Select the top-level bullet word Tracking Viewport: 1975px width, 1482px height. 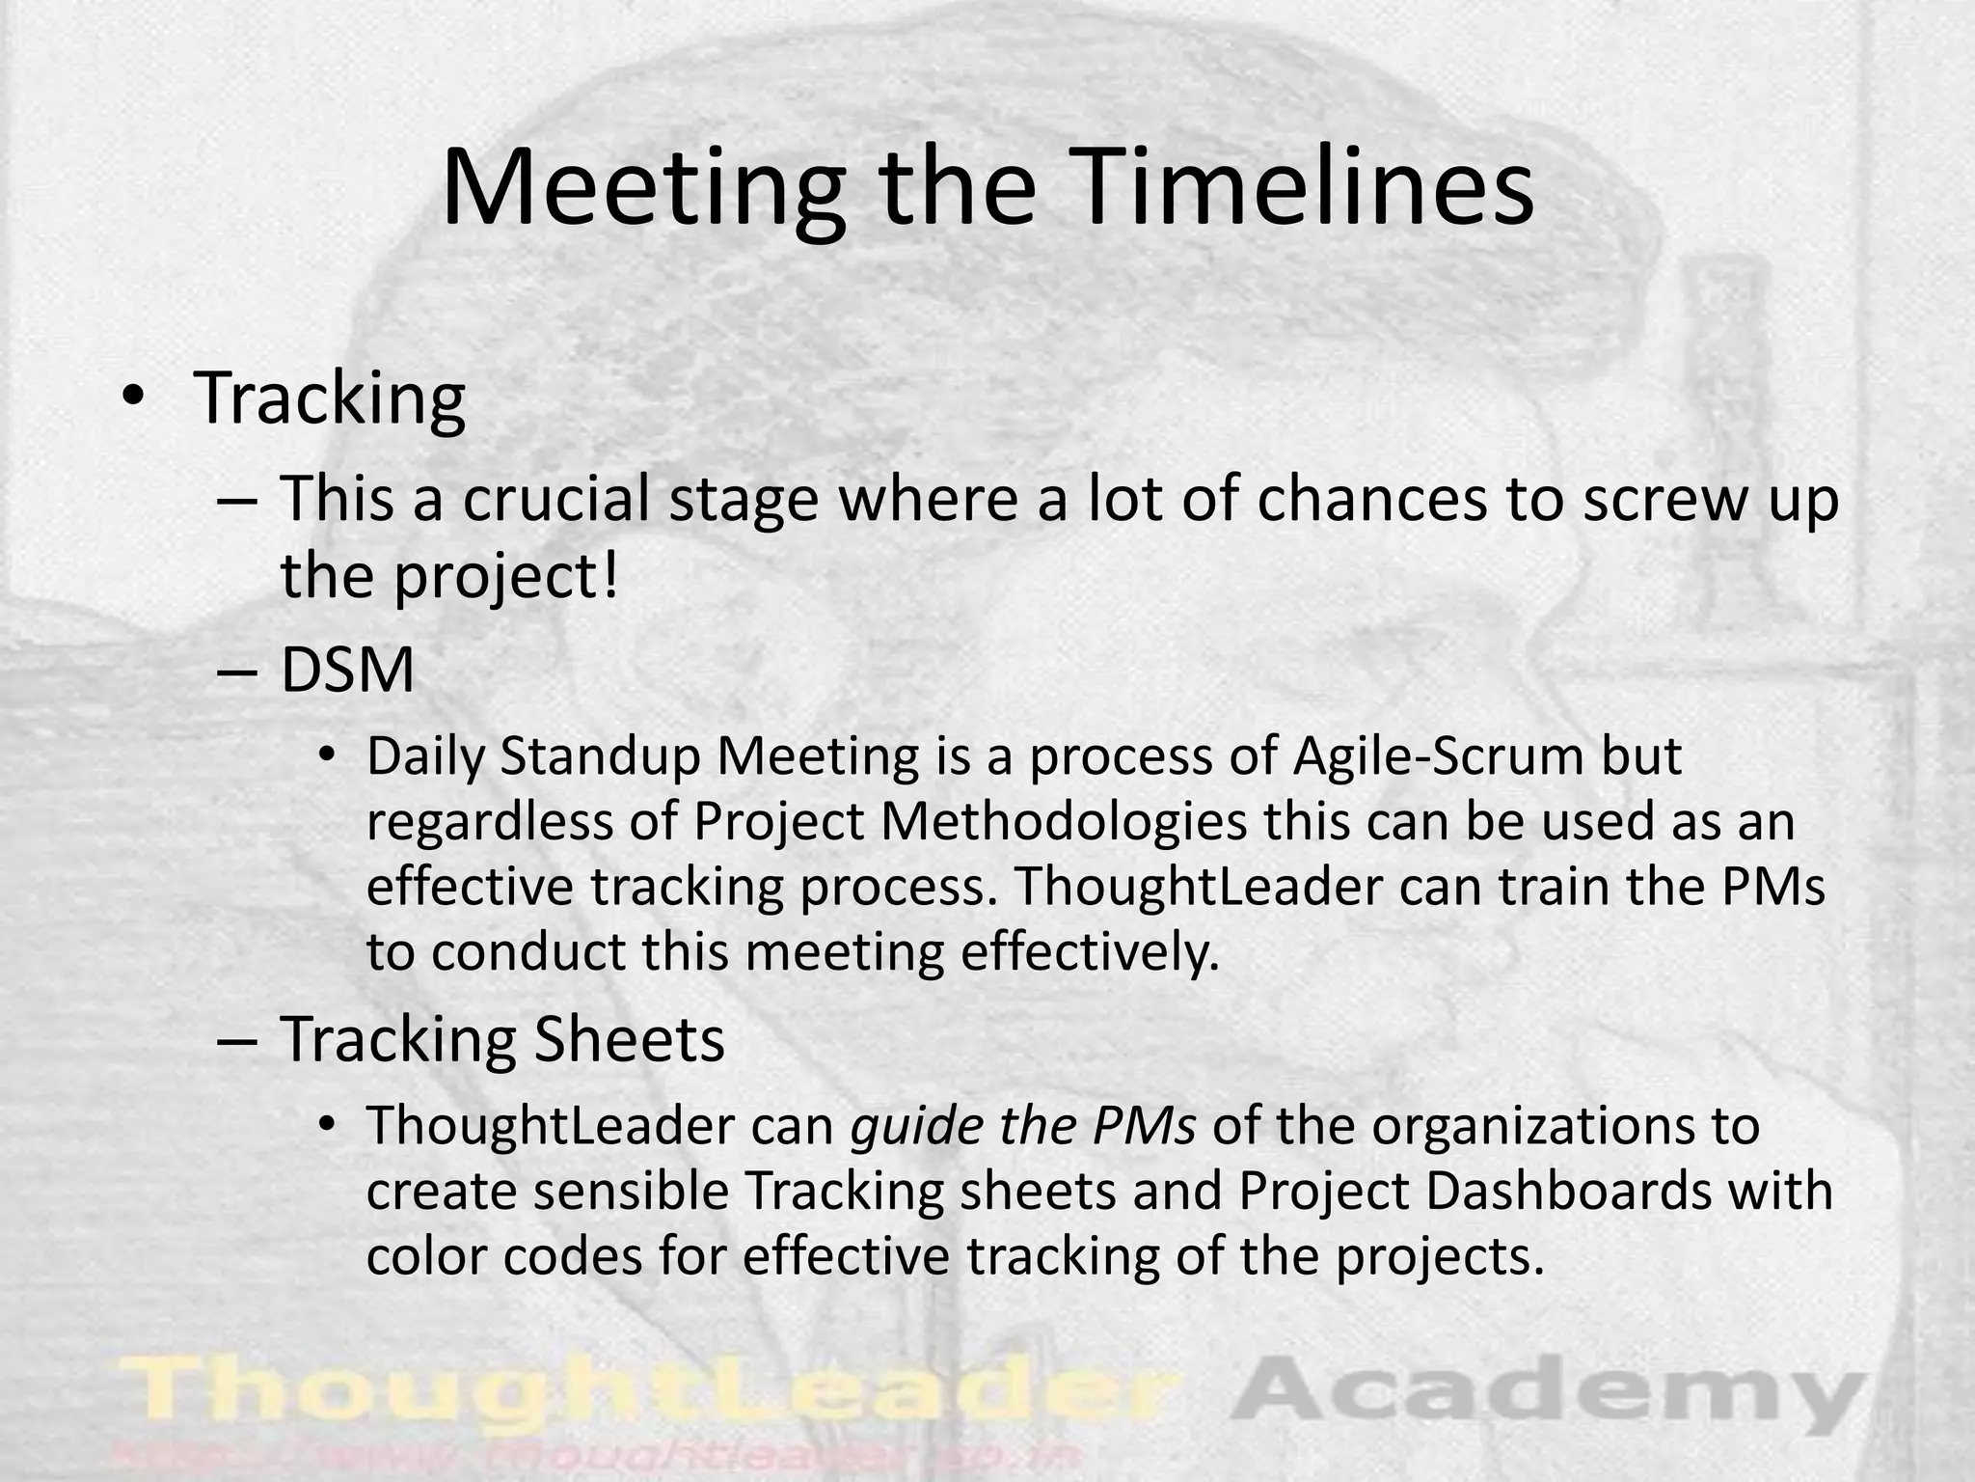click(330, 398)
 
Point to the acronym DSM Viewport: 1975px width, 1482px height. click(347, 671)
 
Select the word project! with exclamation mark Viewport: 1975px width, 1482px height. click(505, 576)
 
